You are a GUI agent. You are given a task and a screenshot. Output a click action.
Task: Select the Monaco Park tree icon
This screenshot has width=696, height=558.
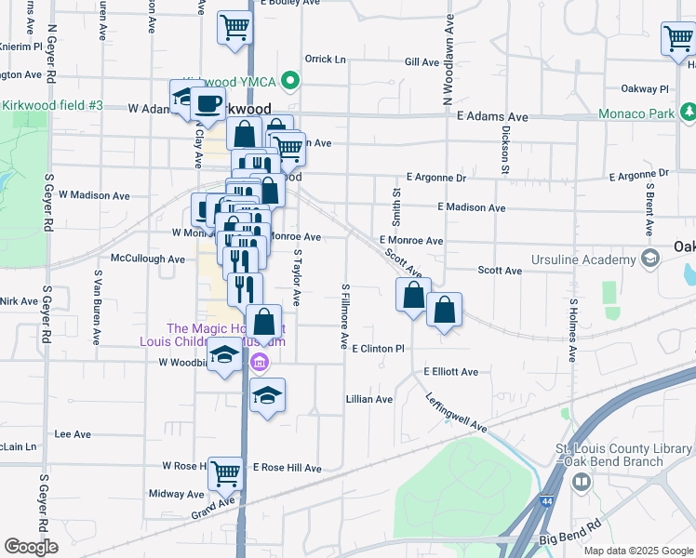(x=689, y=113)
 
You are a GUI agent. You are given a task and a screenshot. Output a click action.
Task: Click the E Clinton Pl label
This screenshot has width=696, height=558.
(x=379, y=349)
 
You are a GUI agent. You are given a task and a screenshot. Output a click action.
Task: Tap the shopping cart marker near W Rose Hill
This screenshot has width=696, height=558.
(x=225, y=473)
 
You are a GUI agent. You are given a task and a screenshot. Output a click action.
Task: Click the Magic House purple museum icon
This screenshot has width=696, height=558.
(x=260, y=361)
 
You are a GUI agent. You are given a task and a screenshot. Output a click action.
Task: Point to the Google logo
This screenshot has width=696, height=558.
(x=31, y=547)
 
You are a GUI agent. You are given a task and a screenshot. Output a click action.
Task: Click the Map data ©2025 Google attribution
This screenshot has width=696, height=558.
(x=638, y=551)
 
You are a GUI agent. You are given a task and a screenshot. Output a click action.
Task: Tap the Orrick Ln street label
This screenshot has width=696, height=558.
(x=325, y=60)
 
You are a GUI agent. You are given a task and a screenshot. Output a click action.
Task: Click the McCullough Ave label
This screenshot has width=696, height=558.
(x=147, y=259)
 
